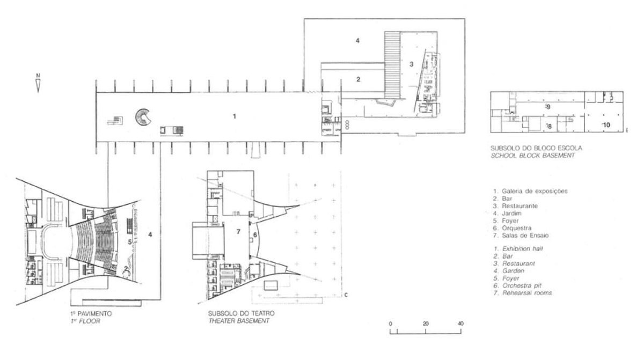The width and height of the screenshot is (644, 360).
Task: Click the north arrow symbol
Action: pyautogui.click(x=38, y=86)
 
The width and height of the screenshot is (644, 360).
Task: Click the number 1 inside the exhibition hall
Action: pyautogui.click(x=235, y=116)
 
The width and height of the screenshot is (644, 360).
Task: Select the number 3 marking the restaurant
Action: pyautogui.click(x=412, y=64)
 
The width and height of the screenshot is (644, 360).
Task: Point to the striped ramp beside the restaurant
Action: pyautogui.click(x=392, y=65)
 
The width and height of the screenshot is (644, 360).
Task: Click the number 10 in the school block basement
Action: pyautogui.click(x=606, y=125)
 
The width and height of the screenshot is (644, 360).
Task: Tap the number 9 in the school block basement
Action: pyautogui.click(x=548, y=107)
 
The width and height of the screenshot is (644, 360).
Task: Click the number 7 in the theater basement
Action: pyautogui.click(x=238, y=232)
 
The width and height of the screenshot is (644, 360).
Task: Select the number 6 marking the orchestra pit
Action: pyautogui.click(x=255, y=235)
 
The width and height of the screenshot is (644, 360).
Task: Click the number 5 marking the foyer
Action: pyautogui.click(x=130, y=242)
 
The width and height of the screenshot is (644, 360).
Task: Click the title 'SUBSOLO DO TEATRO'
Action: pyautogui.click(x=241, y=313)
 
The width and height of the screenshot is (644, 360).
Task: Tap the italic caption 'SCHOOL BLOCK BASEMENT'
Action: pyautogui.click(x=532, y=156)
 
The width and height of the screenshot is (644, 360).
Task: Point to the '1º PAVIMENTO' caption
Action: pyautogui.click(x=91, y=313)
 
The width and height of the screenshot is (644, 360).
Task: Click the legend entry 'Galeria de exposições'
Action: pyautogui.click(x=535, y=191)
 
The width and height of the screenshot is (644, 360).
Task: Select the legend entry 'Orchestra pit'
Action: pyautogui.click(x=522, y=285)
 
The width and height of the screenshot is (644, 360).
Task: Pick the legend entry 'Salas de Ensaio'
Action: pyautogui.click(x=525, y=236)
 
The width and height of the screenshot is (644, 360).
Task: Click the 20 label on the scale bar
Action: pyautogui.click(x=426, y=324)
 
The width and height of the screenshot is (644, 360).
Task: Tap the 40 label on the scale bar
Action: pyautogui.click(x=460, y=324)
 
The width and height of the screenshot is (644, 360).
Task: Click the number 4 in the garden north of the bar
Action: pyautogui.click(x=357, y=41)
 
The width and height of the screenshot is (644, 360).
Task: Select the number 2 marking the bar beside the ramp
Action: pyautogui.click(x=358, y=79)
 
